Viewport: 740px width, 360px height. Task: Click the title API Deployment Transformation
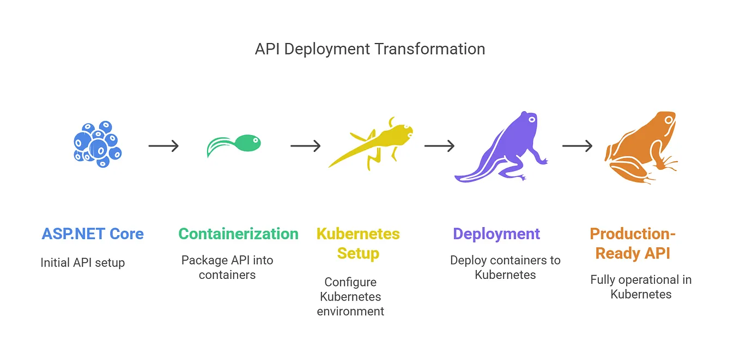[x=369, y=49]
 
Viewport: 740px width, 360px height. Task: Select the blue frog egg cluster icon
[x=97, y=144]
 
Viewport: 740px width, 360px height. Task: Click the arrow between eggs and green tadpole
[x=163, y=146]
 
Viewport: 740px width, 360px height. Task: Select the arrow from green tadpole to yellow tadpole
[x=305, y=146]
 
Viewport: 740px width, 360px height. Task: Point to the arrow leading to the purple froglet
[x=439, y=146]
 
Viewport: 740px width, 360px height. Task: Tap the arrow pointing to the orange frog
[x=577, y=146]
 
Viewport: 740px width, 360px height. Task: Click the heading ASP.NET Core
[x=93, y=234]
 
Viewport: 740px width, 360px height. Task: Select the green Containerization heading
[x=238, y=234]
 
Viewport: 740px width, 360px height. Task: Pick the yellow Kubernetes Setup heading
[x=358, y=243]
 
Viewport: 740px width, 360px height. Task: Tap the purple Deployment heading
[x=496, y=234]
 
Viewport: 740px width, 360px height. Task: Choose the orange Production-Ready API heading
[x=633, y=243]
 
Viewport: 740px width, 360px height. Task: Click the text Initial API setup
[x=83, y=263]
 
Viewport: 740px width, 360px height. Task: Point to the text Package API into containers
[x=227, y=267]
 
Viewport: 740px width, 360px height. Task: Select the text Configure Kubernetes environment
[x=350, y=297]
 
